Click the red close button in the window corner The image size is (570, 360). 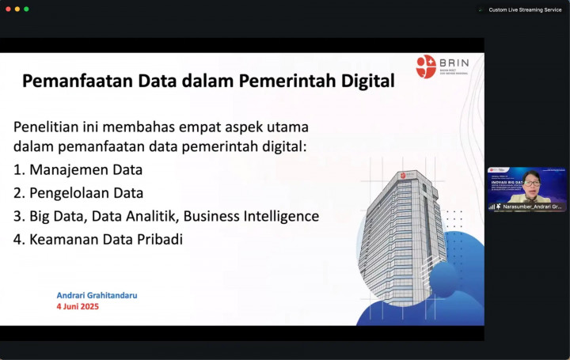tap(7, 9)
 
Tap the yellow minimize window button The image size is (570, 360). tap(17, 9)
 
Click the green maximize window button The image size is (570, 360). tap(26, 9)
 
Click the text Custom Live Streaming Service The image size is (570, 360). tap(524, 9)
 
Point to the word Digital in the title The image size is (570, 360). tap(363, 81)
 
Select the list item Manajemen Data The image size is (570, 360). tap(85, 169)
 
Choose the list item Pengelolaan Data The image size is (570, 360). tap(86, 192)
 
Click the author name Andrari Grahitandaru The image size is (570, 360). tap(97, 295)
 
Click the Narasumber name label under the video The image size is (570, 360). tap(532, 207)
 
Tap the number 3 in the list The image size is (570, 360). tap(18, 216)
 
